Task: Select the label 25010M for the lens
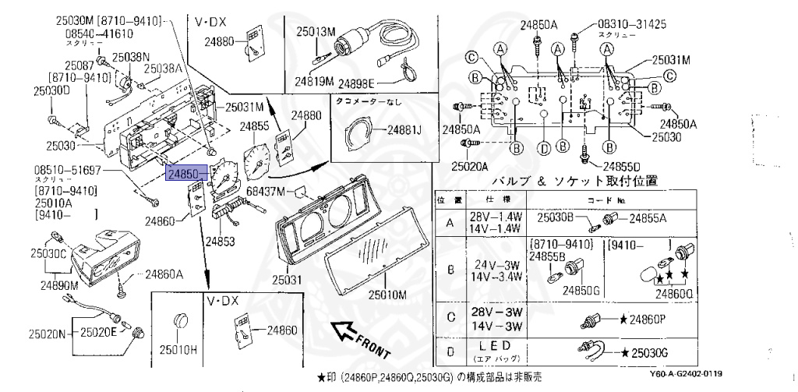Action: click(387, 295)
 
